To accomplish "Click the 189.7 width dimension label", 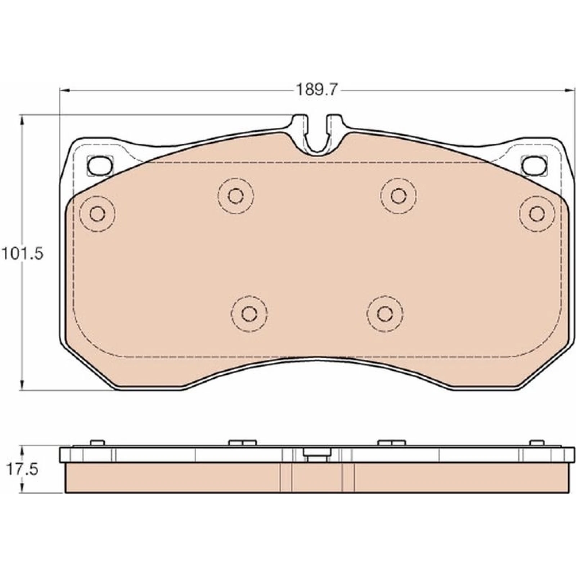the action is point(316,90).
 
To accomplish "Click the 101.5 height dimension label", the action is point(22,254).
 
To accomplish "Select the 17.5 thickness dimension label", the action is point(22,470).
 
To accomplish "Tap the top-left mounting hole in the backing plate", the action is point(100,166).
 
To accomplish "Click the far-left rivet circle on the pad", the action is point(97,214).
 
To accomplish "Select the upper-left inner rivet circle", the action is point(236,196).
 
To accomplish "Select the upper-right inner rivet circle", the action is point(399,196).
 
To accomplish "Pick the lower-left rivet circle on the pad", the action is point(249,314).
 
